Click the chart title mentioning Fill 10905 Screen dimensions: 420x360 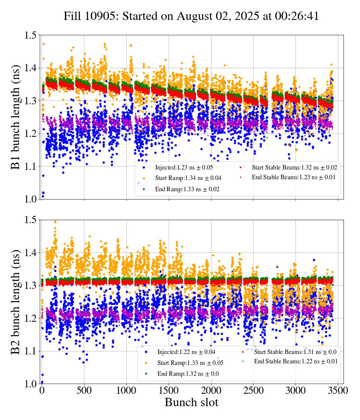point(191,16)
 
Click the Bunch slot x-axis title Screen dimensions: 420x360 point(191,403)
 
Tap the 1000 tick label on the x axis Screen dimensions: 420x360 point(127,391)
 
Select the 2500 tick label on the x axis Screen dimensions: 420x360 point(253,391)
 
